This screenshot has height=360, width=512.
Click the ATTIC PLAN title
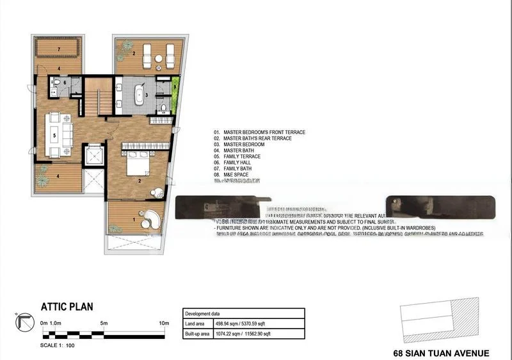point(67,307)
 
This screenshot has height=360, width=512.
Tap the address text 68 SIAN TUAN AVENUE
point(441,353)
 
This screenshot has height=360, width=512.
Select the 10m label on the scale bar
point(163,323)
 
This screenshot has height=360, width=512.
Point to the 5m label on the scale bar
point(103,323)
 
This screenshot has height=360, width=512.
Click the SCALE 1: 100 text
point(57,346)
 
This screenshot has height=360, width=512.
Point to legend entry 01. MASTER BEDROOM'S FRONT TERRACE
point(259,133)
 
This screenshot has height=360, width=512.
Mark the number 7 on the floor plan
point(58,49)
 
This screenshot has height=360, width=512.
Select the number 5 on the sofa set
point(54,135)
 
